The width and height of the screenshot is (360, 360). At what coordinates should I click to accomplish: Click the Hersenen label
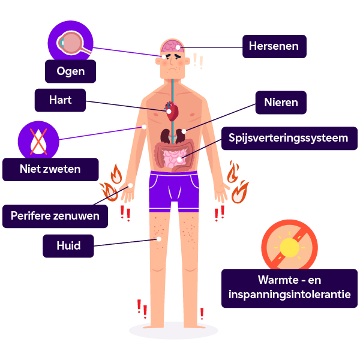274,46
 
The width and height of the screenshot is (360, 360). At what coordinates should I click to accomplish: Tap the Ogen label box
70,72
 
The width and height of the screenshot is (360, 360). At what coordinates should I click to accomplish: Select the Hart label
60,100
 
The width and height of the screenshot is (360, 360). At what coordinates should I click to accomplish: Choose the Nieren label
281,102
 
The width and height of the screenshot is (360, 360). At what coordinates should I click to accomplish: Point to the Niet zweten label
50,169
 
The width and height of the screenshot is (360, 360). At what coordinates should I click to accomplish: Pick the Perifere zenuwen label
55,216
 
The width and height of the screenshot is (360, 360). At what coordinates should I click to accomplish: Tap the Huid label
68,245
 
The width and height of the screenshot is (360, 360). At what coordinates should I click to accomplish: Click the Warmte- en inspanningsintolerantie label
290,288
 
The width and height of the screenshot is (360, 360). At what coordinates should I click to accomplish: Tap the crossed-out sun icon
289,247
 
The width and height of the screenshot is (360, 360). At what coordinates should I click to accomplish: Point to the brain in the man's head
172,46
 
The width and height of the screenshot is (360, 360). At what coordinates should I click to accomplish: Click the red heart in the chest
172,111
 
